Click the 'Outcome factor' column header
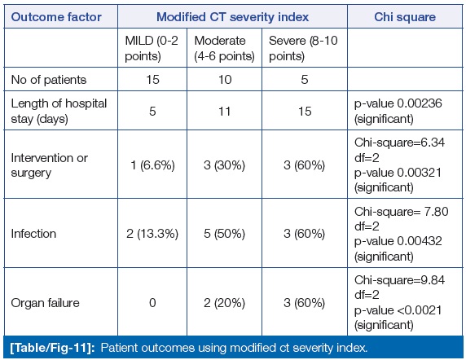(56, 17)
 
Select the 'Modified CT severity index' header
(232, 17)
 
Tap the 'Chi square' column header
(405, 17)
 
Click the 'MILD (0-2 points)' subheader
(152, 48)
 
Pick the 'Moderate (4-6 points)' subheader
(224, 48)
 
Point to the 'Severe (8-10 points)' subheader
(303, 48)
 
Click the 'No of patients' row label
(49, 80)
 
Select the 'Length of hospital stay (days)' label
(59, 111)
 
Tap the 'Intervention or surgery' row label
(50, 165)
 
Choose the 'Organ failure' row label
(45, 303)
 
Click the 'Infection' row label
(33, 234)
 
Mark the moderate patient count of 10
(225, 80)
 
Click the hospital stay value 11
(224, 112)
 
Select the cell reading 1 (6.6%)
(152, 165)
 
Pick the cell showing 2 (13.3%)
(152, 234)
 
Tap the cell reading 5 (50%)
(224, 234)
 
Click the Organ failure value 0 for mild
(152, 303)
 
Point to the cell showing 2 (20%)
(224, 303)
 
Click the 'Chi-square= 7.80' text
(401, 212)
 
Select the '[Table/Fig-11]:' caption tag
(52, 348)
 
